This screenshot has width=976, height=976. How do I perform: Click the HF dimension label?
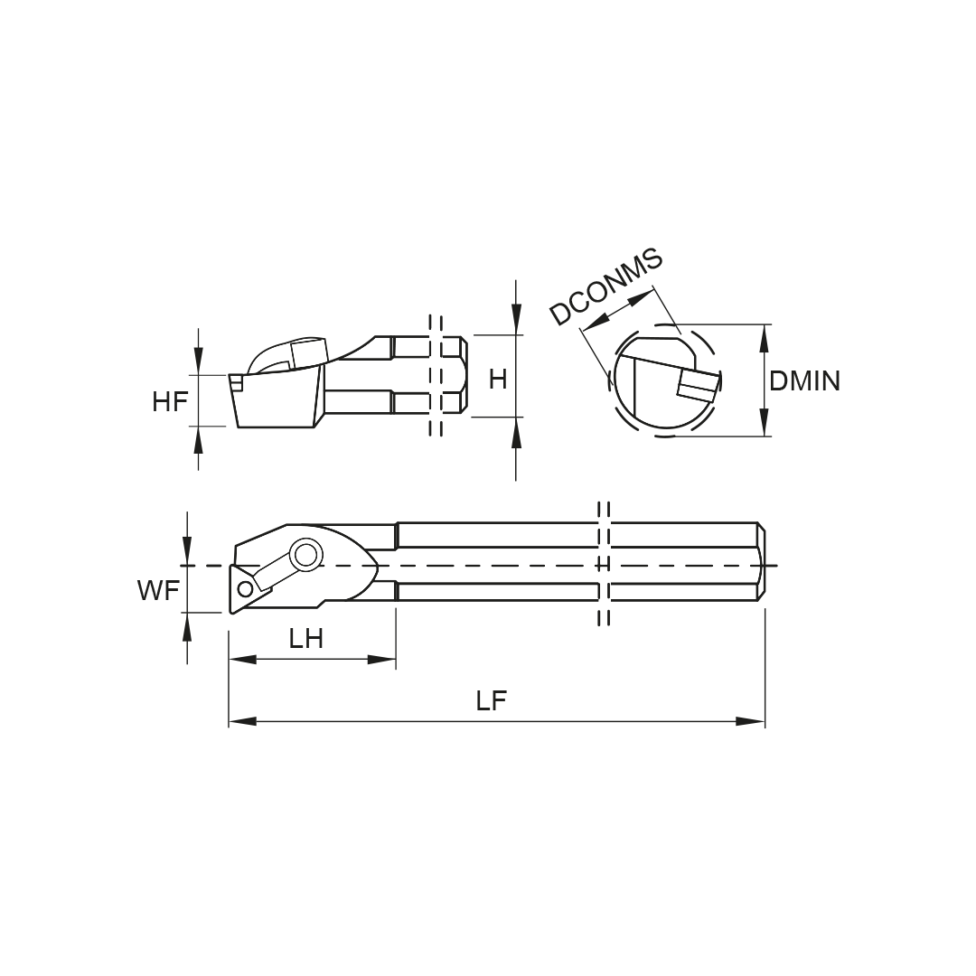[x=169, y=401]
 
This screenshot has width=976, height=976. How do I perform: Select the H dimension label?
[x=498, y=379]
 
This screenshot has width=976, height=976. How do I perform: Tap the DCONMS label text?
[x=606, y=287]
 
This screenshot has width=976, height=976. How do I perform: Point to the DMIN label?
[x=804, y=381]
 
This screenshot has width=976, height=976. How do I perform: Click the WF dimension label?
[x=159, y=590]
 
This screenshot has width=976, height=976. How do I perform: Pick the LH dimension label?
[x=305, y=639]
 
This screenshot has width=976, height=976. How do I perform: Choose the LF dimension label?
[x=492, y=701]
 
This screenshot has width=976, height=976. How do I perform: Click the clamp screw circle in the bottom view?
[x=305, y=555]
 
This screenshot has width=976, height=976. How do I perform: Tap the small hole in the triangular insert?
[x=245, y=588]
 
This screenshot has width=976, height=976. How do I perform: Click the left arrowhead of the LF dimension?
[x=242, y=721]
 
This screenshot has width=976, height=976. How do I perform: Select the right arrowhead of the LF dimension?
[x=751, y=721]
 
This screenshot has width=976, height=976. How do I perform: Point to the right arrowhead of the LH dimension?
[x=381, y=659]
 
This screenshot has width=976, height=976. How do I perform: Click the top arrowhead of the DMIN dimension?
[x=765, y=339]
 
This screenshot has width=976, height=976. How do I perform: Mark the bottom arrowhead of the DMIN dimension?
[x=765, y=422]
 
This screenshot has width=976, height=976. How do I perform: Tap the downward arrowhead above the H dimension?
[x=516, y=320]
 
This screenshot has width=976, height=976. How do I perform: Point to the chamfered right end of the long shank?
[x=762, y=562]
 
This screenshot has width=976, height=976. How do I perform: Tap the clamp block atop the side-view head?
[x=308, y=353]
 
